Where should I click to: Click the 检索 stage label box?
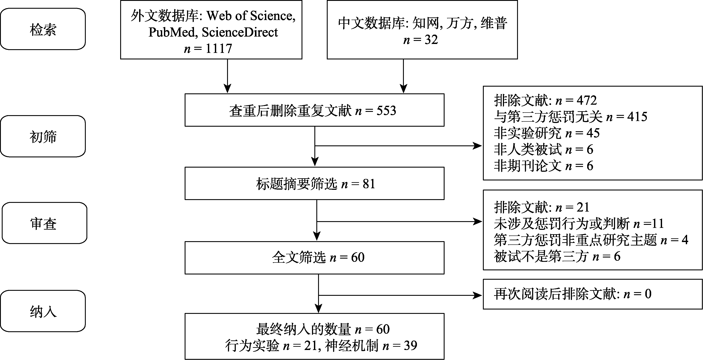pyautogui.click(x=43, y=29)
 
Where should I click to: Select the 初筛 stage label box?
pyautogui.click(x=43, y=136)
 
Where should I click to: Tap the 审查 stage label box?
pyautogui.click(x=44, y=223)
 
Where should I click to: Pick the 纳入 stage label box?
pyautogui.click(x=43, y=311)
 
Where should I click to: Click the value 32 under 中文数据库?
pyautogui.click(x=431, y=40)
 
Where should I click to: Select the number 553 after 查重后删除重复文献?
pyautogui.click(x=386, y=110)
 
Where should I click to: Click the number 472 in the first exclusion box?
pyautogui.click(x=587, y=100)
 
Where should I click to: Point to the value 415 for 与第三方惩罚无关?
pyautogui.click(x=637, y=117)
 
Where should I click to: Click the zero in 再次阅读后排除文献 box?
pyautogui.click(x=648, y=294)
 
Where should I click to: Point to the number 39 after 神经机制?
pyautogui.click(x=410, y=346)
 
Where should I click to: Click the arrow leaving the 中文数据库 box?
pyautogui.click(x=403, y=76)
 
